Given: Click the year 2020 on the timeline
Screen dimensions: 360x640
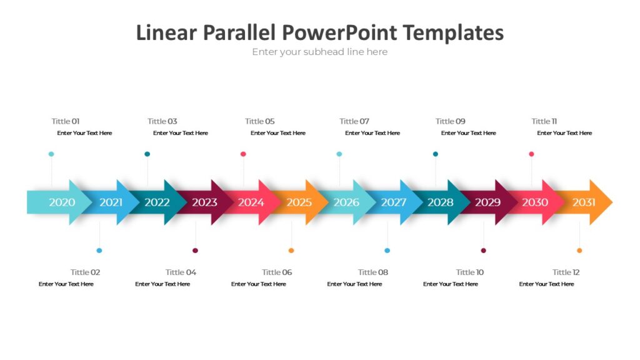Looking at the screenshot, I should point(62,202).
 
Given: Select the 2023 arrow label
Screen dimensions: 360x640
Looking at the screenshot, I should point(204,202).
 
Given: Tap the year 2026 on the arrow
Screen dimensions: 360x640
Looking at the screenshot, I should point(346,202).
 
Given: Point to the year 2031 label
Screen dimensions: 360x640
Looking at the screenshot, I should point(584,202).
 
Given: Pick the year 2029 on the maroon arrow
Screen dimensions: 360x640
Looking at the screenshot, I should point(487,202).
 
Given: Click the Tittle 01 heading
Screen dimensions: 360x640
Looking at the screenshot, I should point(66,121).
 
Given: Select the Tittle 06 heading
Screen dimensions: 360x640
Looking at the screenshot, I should point(277,272).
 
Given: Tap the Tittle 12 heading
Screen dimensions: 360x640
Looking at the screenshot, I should point(566,272).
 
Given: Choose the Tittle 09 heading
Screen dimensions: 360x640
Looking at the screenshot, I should point(451,121).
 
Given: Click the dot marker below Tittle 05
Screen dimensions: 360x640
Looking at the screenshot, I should point(243,154).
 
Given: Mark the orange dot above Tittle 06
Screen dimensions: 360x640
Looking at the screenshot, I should point(291,251).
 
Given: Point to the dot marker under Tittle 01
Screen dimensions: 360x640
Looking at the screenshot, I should point(51,154).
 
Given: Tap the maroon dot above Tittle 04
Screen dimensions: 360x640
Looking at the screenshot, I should point(196,251).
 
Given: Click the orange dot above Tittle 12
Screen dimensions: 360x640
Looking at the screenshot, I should point(579,251).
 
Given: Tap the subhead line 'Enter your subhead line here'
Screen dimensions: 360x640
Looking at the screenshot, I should point(319,52).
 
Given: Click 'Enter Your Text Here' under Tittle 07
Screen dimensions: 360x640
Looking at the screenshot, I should point(372,133).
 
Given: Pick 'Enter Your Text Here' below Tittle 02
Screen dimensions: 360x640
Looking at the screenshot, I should point(66,284).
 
